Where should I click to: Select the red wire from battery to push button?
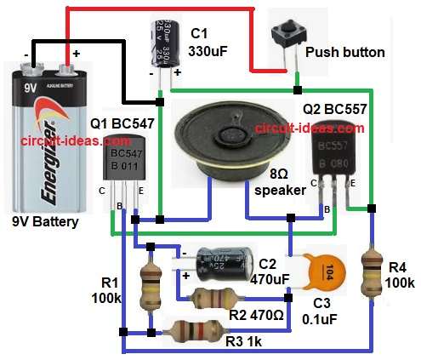point(170,10)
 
